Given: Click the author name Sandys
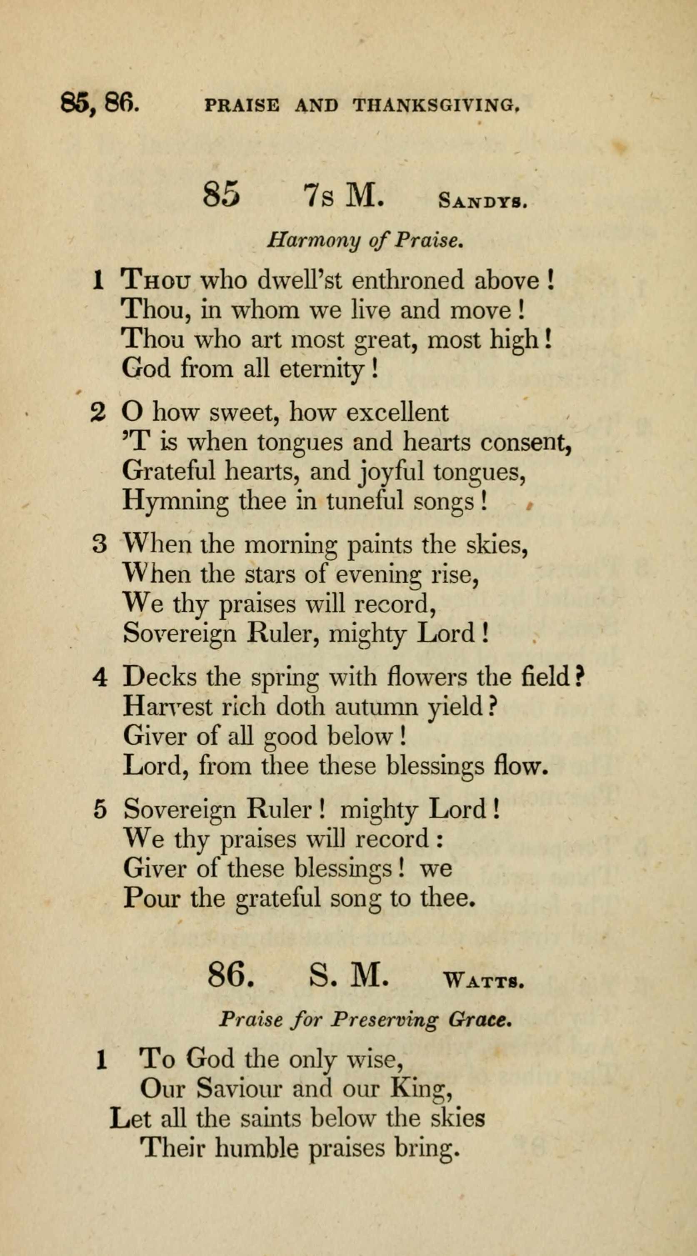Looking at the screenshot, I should pyautogui.click(x=482, y=201).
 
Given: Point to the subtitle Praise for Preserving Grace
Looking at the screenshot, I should pyautogui.click(x=365, y=1020).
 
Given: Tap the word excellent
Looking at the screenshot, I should pyautogui.click(x=397, y=413).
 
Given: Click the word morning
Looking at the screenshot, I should pyautogui.click(x=290, y=545).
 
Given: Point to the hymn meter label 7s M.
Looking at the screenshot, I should pyautogui.click(x=344, y=196).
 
